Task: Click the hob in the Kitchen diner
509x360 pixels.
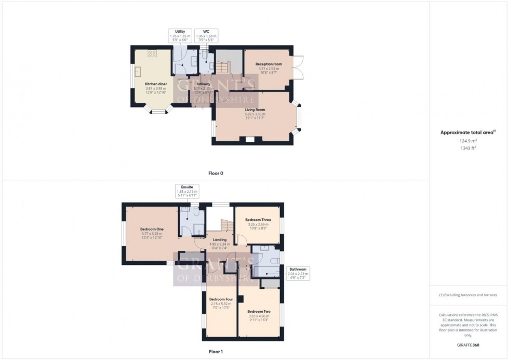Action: [x=153, y=53]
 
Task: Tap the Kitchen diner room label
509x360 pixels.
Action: [x=155, y=84]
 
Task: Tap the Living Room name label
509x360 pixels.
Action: [x=255, y=110]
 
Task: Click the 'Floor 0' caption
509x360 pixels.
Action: [x=215, y=173]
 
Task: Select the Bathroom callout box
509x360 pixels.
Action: [x=298, y=272]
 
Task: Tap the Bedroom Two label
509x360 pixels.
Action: [x=258, y=311]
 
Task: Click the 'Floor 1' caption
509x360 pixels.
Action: [x=215, y=352]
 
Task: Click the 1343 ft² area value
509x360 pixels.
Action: [x=468, y=148]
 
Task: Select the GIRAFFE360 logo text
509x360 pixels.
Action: [x=468, y=344]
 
